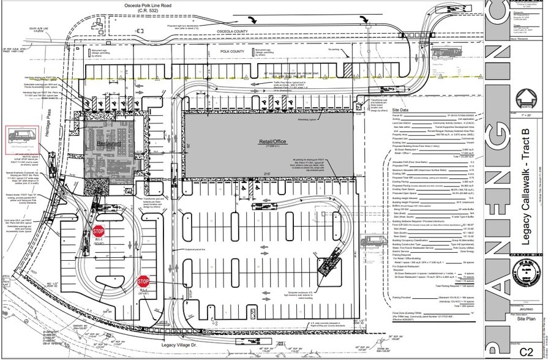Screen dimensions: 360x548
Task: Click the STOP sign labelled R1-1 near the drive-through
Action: [x=99, y=231]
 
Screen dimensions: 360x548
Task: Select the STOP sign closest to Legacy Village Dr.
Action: [x=144, y=282]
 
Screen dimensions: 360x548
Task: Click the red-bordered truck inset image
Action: [x=22, y=140]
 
